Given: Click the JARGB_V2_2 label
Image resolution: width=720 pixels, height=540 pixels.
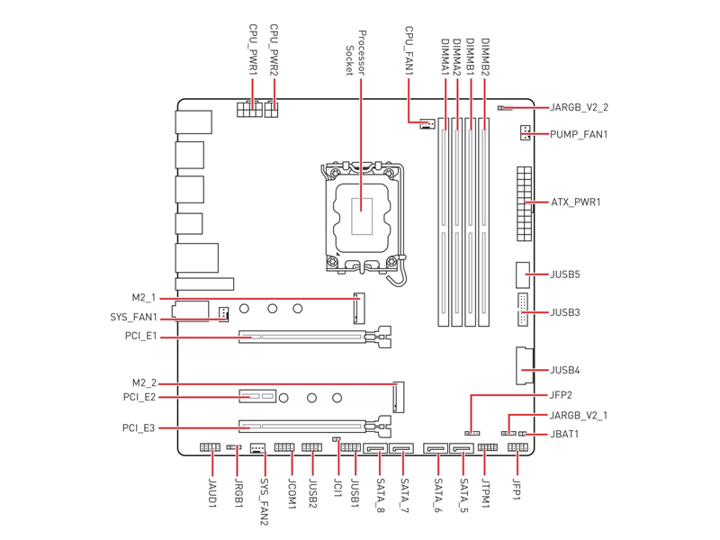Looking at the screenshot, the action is [x=579, y=107].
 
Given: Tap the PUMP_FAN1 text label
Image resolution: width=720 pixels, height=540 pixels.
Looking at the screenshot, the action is [x=579, y=134].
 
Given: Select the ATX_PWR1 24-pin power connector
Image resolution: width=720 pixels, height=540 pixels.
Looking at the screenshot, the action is [x=524, y=204].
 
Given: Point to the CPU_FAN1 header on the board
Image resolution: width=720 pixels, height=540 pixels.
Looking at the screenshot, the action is [x=427, y=124].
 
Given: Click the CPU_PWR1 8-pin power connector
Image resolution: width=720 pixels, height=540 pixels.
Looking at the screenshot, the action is [x=250, y=109].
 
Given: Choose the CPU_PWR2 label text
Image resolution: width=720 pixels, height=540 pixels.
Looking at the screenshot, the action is [x=274, y=50].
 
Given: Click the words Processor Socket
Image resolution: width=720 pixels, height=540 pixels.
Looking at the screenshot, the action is [x=355, y=53].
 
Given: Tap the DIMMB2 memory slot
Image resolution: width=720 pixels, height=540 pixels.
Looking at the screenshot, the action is [x=484, y=222].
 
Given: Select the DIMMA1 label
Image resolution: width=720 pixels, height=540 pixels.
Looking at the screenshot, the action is [x=445, y=57].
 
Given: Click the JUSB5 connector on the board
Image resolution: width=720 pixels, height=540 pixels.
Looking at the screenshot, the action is [x=523, y=275].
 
